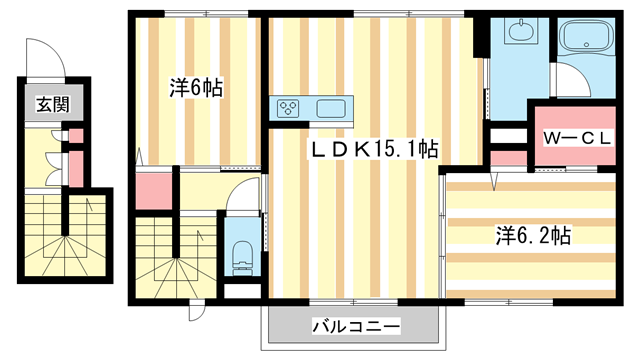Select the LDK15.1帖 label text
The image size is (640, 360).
pyautogui.click(x=371, y=150)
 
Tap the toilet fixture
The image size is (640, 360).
pyautogui.click(x=241, y=259)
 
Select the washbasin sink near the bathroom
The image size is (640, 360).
pyautogui.click(x=520, y=32)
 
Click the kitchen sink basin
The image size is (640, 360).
pyautogui.click(x=331, y=107)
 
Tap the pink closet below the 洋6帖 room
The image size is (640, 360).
pyautogui.click(x=152, y=191)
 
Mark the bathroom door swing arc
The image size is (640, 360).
pyautogui.click(x=571, y=79)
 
